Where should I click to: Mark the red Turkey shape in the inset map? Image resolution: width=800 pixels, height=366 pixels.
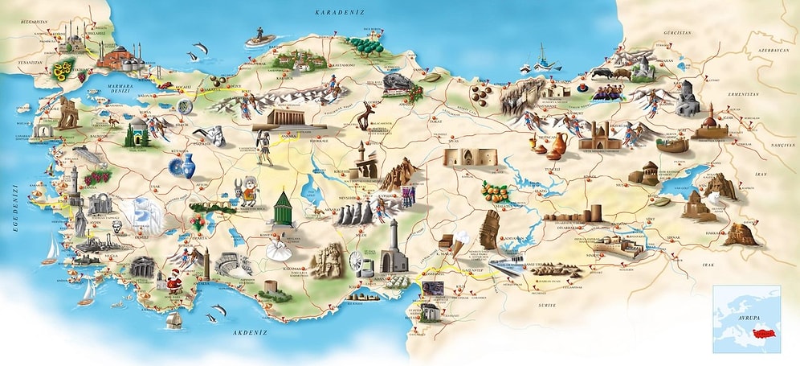click(x=760, y=334)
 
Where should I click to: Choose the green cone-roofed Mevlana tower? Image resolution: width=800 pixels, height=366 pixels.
click(x=282, y=208)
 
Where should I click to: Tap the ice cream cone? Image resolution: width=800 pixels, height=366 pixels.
click(x=459, y=241)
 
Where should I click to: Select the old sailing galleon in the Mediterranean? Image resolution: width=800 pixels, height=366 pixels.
click(x=175, y=319)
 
